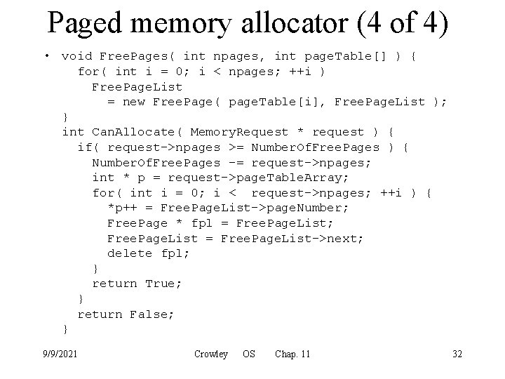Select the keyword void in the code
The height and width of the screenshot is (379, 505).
(77, 56)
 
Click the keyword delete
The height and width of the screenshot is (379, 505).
(130, 253)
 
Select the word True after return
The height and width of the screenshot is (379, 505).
(163, 284)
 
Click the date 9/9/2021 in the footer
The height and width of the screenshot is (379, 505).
(60, 354)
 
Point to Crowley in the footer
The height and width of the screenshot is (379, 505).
(210, 354)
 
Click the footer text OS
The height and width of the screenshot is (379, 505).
(249, 354)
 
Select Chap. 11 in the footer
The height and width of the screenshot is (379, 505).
(292, 354)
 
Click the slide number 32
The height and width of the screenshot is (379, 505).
(457, 354)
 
